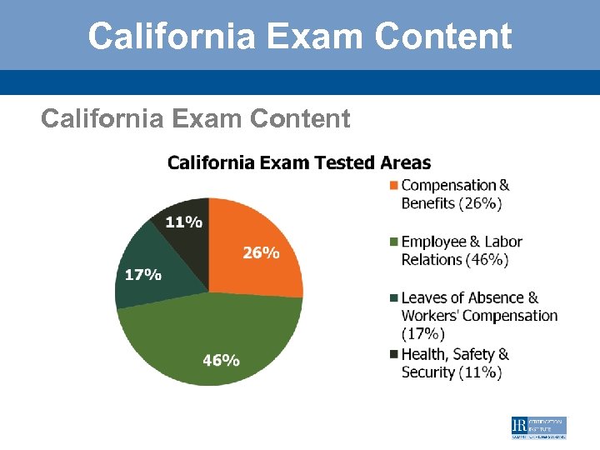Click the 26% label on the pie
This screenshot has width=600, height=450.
(x=261, y=252)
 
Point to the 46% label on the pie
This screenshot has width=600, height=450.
(x=222, y=360)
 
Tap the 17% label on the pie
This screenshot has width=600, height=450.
(x=143, y=275)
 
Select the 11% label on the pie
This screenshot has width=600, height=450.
(x=183, y=222)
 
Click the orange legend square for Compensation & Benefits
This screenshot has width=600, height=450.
(x=394, y=185)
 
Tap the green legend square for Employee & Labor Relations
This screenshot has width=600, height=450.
(x=394, y=242)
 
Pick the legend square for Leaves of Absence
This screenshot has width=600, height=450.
(x=394, y=297)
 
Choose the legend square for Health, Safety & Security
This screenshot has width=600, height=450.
(x=394, y=354)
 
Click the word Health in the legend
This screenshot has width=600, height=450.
(x=426, y=354)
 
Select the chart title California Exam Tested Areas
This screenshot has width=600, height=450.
(x=299, y=162)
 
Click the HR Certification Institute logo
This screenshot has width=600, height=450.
(x=538, y=427)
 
